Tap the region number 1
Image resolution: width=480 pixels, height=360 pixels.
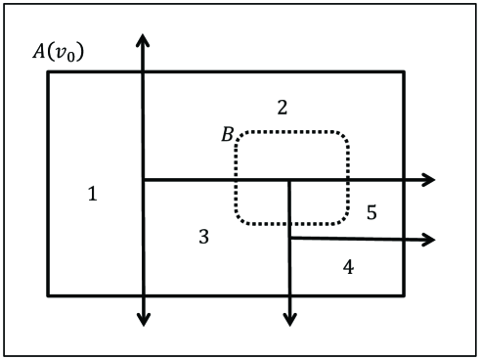[x=92, y=194]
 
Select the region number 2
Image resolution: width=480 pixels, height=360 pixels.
[x=283, y=107]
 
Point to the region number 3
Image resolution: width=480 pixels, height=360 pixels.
[x=203, y=236]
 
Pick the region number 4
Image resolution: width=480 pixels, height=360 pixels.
[x=348, y=266]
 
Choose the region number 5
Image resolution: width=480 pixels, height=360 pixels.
[x=371, y=212]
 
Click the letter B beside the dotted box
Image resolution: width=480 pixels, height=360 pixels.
[x=227, y=134]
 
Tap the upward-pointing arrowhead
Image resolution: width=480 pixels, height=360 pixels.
[x=144, y=40]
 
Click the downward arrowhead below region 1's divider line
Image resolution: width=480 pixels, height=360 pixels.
[x=144, y=318]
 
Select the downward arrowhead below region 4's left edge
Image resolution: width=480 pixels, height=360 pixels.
[x=289, y=318]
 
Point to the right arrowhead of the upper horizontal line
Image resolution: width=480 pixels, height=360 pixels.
[x=428, y=180]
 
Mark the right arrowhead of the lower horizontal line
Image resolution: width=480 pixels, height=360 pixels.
[x=428, y=240]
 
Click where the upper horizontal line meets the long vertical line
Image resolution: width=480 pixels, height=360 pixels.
[x=144, y=180]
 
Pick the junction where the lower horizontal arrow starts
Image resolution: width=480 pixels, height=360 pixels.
[x=289, y=238]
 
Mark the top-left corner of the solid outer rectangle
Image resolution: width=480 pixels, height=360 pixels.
[x=48, y=71]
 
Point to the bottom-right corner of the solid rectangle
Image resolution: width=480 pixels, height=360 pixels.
[x=404, y=294]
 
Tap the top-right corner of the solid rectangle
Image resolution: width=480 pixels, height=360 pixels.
[x=404, y=71]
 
